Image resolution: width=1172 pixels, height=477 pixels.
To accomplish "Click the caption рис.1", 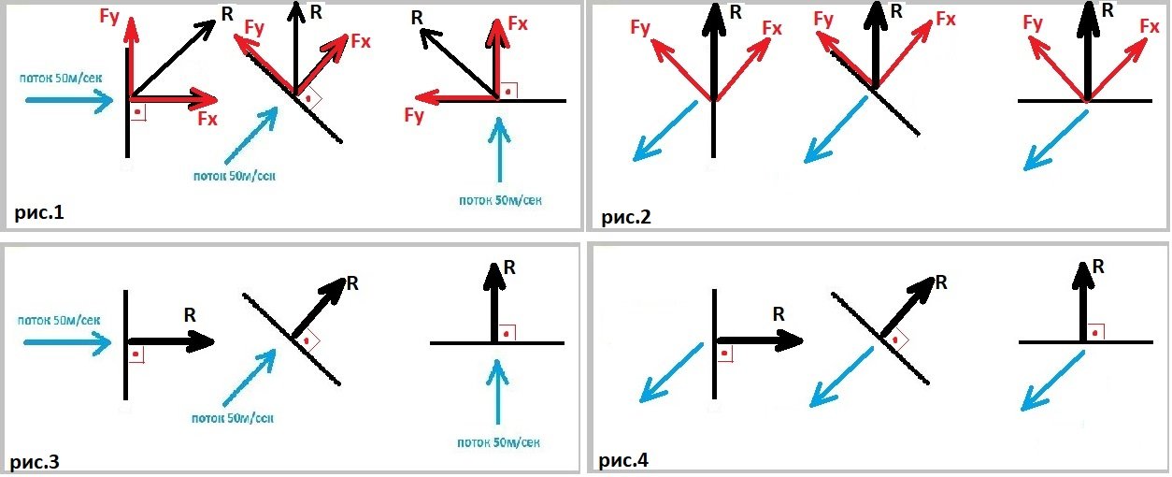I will [x=38, y=213].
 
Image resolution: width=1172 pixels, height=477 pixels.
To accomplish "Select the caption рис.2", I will [x=625, y=218].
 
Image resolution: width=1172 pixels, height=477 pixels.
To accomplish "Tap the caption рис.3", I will [x=38, y=460].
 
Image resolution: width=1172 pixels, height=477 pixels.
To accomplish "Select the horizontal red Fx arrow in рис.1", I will [x=174, y=97].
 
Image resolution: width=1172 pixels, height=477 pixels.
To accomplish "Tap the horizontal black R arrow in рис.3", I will [x=172, y=342].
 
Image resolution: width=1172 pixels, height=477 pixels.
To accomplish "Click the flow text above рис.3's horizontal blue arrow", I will [x=59, y=320].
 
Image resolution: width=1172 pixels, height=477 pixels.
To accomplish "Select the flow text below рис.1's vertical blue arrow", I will [x=500, y=199].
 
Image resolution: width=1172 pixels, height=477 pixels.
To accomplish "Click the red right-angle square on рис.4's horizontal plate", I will [x=1094, y=331].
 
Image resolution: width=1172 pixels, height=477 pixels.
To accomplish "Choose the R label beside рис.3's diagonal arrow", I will [x=352, y=282].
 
